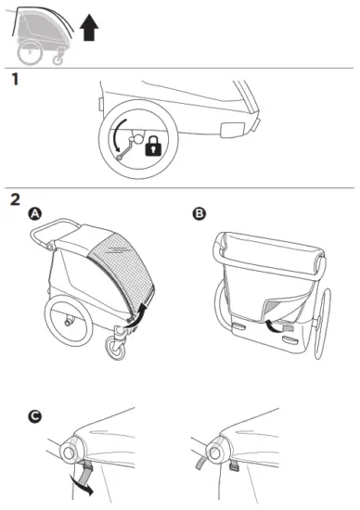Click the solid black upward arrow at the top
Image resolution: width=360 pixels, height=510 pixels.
(89, 29)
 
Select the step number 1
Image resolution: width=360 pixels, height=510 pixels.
(14, 81)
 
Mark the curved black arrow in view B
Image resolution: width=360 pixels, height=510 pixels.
(271, 325)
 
